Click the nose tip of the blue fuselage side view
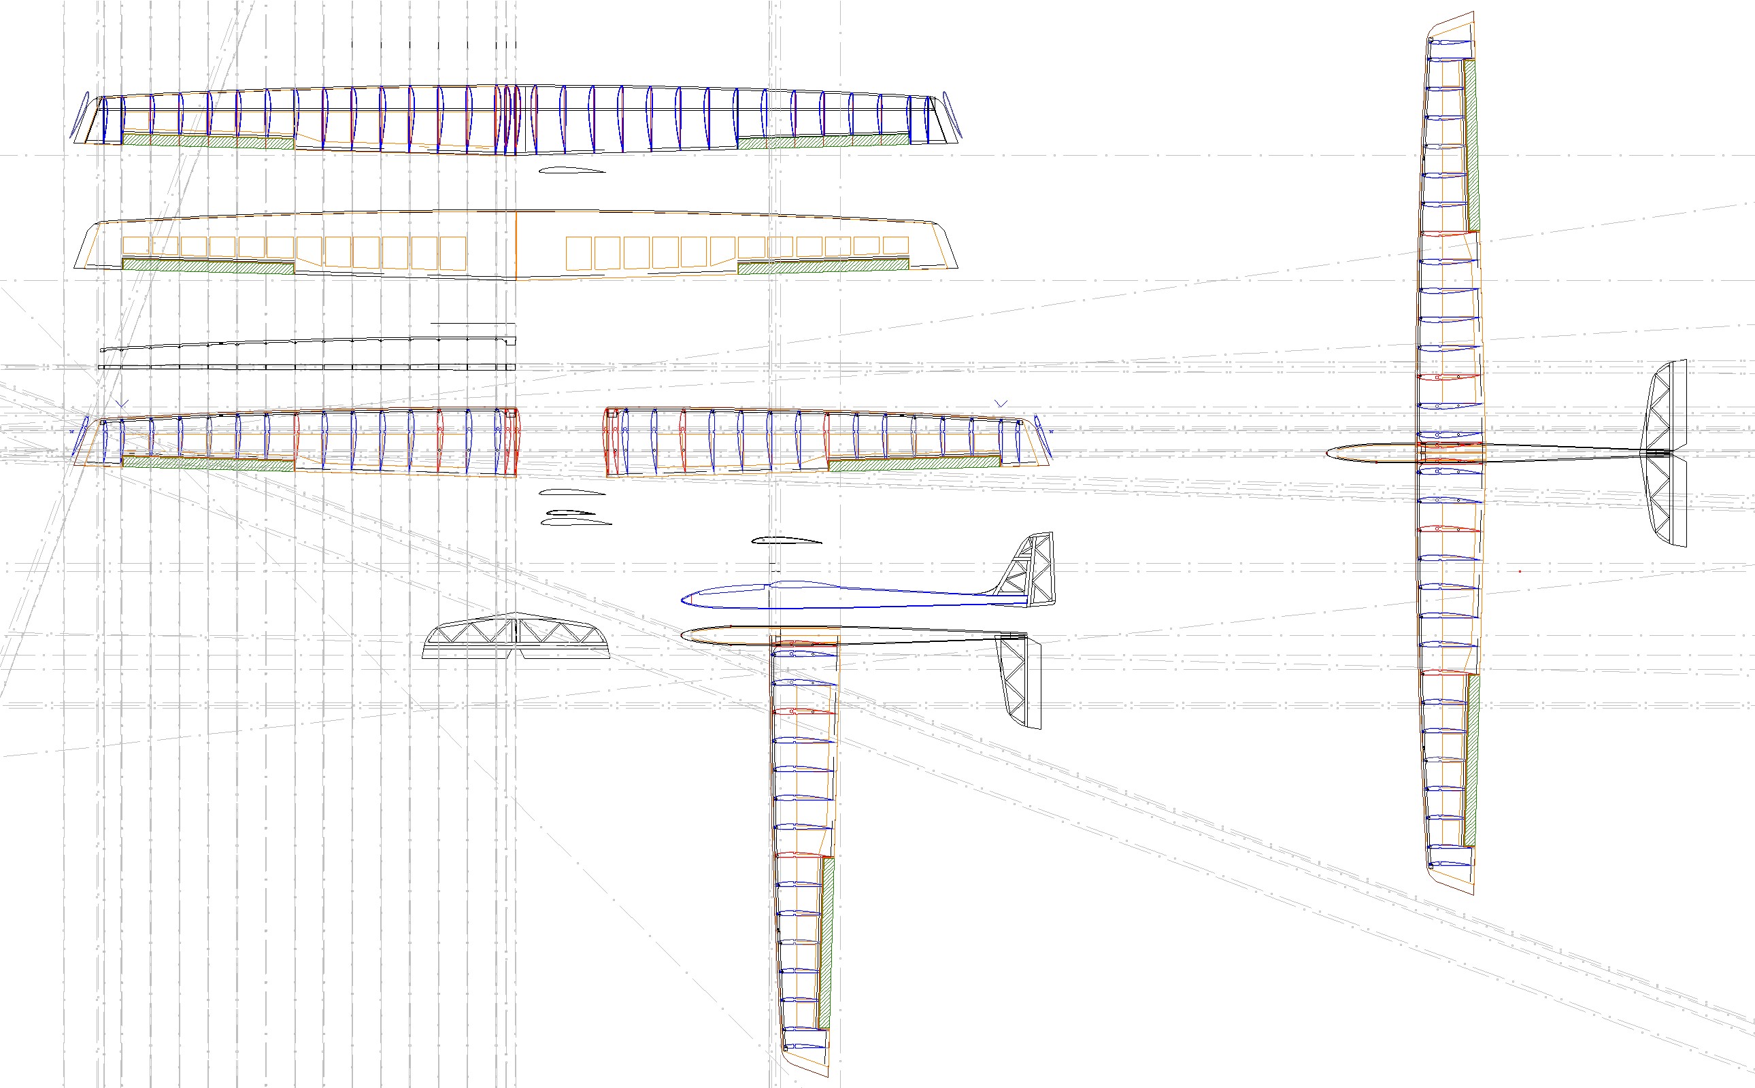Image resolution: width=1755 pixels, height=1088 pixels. [x=683, y=598]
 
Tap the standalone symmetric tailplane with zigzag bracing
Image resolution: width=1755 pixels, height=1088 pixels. [x=516, y=638]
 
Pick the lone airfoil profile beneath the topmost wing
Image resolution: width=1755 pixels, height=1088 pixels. [x=572, y=171]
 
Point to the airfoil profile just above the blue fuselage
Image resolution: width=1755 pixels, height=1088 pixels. [x=786, y=541]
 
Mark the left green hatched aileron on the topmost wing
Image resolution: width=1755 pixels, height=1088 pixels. [x=208, y=141]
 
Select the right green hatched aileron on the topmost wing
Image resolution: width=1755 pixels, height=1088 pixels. [x=823, y=141]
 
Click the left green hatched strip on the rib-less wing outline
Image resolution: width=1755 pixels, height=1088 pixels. [x=208, y=265]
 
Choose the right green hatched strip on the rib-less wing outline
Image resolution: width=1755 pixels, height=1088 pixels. [x=823, y=265]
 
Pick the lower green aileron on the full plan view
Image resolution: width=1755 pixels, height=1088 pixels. [x=1471, y=760]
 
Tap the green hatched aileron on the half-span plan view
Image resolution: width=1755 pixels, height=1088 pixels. [x=827, y=942]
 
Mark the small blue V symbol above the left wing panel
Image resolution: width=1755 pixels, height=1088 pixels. [x=122, y=404]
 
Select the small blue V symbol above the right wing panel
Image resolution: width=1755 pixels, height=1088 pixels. [x=1001, y=404]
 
